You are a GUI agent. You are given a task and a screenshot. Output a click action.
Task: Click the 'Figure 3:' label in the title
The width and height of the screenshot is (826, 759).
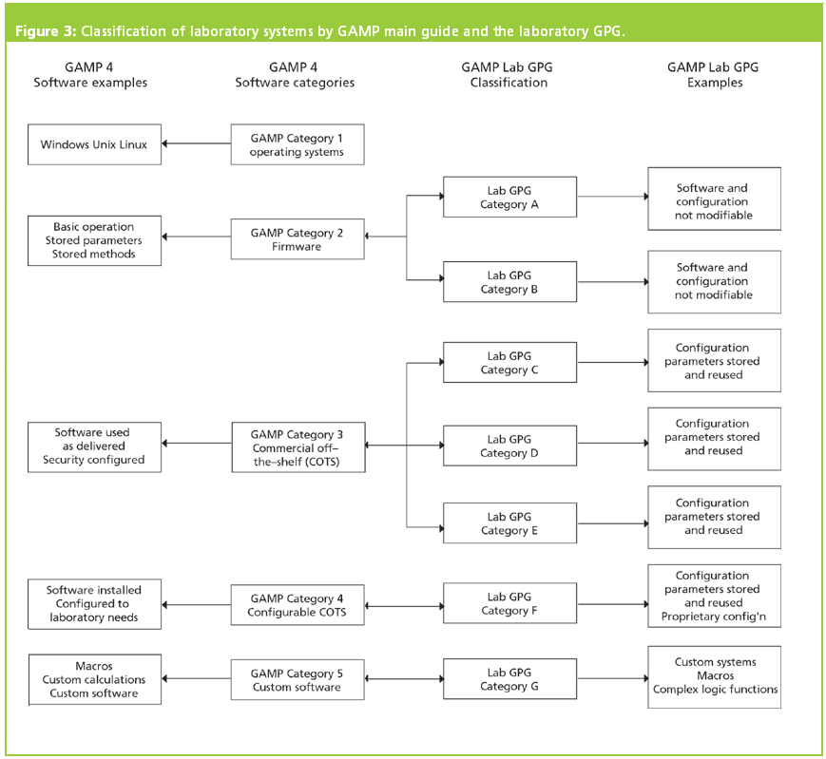[45, 31]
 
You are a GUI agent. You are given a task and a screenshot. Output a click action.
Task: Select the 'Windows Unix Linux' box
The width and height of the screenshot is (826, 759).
[94, 145]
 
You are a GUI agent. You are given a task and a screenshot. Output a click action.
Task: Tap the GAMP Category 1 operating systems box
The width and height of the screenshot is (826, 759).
[297, 145]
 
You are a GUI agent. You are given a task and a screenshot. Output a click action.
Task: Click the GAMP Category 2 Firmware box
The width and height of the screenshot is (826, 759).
[297, 239]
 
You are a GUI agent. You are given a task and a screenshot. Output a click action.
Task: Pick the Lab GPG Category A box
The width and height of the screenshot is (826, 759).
[509, 198]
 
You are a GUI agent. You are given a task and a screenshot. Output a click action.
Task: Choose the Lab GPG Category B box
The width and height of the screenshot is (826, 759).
[509, 282]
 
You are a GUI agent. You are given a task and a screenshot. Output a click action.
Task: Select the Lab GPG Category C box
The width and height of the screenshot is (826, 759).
[509, 363]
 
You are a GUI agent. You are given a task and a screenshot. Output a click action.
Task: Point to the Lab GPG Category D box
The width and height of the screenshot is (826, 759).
[509, 446]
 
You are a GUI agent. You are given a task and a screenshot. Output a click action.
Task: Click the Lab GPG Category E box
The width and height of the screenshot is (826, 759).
[509, 523]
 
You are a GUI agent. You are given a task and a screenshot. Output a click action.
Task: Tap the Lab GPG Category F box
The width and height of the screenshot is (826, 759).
[509, 604]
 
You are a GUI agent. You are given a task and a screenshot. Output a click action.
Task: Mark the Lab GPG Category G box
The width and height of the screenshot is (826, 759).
[509, 679]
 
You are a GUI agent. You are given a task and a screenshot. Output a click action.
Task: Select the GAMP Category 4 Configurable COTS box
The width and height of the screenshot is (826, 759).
[297, 605]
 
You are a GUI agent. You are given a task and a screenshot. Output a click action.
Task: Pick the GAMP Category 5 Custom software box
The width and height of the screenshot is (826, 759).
[297, 680]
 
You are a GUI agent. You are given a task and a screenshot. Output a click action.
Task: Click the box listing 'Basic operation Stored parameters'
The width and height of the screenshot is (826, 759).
[94, 240]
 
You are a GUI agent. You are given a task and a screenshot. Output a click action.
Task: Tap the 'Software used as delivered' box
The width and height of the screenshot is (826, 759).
[94, 446]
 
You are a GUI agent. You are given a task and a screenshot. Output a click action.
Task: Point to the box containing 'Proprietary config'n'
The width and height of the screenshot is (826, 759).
[714, 596]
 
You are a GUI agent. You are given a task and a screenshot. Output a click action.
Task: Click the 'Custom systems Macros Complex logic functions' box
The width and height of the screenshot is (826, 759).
[714, 675]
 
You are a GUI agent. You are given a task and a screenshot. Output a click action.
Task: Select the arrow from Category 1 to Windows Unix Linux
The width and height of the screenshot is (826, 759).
[196, 144]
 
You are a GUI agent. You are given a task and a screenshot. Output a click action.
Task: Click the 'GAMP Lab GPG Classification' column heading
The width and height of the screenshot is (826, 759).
[509, 75]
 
